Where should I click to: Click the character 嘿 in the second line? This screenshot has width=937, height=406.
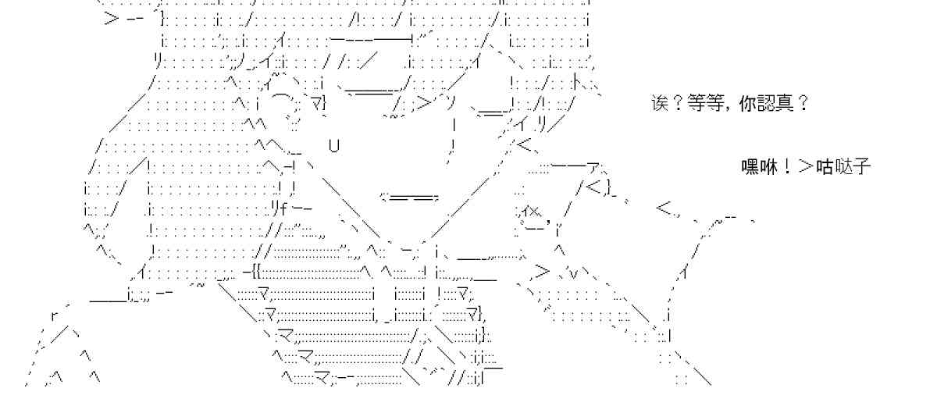tap(750, 166)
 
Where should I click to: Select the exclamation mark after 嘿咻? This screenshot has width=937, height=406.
tap(786, 166)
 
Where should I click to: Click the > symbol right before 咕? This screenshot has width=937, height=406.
tap(804, 166)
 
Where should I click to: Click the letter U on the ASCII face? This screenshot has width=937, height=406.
tap(334, 145)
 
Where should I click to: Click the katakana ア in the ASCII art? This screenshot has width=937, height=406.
tap(594, 167)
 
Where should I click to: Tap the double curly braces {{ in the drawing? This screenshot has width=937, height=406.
tap(258, 272)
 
